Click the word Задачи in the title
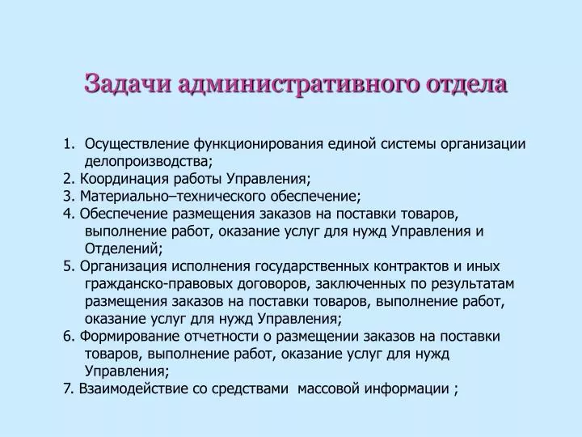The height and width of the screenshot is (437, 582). [x=129, y=83]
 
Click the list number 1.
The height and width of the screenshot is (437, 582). [x=69, y=144]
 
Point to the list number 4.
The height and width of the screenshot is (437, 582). [x=69, y=214]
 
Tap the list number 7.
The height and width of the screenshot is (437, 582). [x=68, y=388]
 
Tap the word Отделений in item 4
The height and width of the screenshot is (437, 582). [x=122, y=248]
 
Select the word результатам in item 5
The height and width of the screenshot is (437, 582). [x=473, y=284]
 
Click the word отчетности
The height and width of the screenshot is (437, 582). [x=221, y=337]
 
